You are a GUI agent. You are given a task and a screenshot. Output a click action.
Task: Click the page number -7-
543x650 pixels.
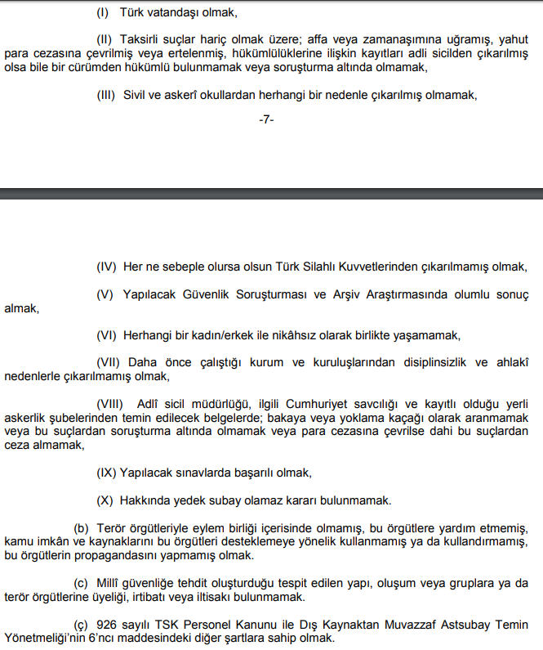tap(266, 119)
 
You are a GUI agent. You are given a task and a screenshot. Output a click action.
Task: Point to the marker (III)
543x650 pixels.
tap(107, 95)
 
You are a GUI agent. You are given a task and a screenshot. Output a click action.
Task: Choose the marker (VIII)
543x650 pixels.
tap(109, 404)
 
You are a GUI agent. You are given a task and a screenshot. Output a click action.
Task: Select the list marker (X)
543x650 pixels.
tap(105, 500)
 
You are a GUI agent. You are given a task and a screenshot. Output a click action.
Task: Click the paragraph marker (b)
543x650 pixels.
tap(81, 528)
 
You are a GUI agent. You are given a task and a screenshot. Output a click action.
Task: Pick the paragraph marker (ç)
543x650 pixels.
tap(81, 624)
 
